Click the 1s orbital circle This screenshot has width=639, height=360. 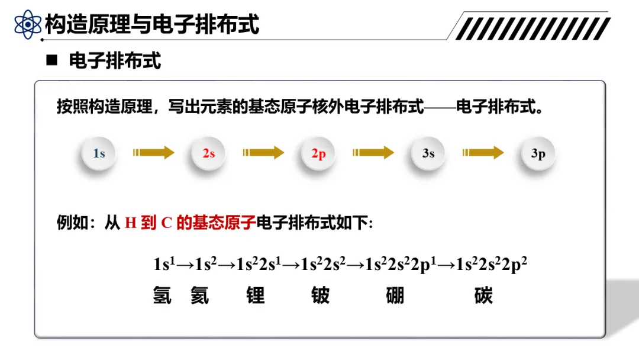point(99,153)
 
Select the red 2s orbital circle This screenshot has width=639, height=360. point(209,153)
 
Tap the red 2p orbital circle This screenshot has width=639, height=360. point(319,154)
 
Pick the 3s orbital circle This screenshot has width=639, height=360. point(428,153)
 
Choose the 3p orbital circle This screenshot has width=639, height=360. point(538,154)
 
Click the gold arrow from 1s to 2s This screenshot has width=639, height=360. point(154,153)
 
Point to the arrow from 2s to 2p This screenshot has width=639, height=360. point(263,153)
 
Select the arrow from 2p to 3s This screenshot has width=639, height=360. point(373,153)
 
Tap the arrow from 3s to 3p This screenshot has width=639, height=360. point(483,153)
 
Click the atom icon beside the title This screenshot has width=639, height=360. point(28,25)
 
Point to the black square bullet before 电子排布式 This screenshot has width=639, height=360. point(52,60)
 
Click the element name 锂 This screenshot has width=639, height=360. point(256,295)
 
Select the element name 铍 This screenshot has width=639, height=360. point(320,295)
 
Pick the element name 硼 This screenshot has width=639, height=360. point(395,295)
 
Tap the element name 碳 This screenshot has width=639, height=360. point(483,295)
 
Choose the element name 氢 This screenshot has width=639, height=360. point(162,295)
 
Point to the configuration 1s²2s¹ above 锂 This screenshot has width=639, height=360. point(259,263)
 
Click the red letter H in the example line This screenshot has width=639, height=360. point(131,224)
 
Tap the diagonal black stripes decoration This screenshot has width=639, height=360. point(532,28)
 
